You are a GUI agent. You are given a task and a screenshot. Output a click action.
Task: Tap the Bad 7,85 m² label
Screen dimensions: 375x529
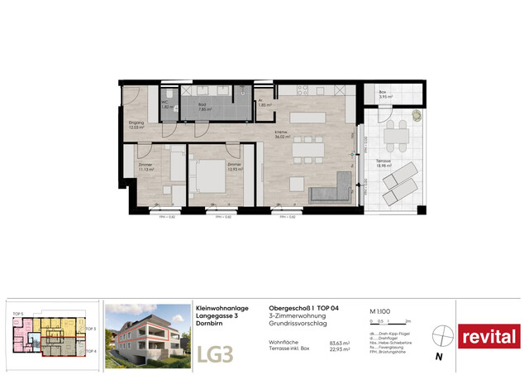click(204, 107)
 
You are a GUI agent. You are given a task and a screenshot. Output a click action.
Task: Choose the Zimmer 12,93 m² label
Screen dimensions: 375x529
click(236, 167)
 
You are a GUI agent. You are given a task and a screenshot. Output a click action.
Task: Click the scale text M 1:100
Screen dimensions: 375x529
click(382, 310)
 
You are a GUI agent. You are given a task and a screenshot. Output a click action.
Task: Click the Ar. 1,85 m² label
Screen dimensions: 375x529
click(264, 105)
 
